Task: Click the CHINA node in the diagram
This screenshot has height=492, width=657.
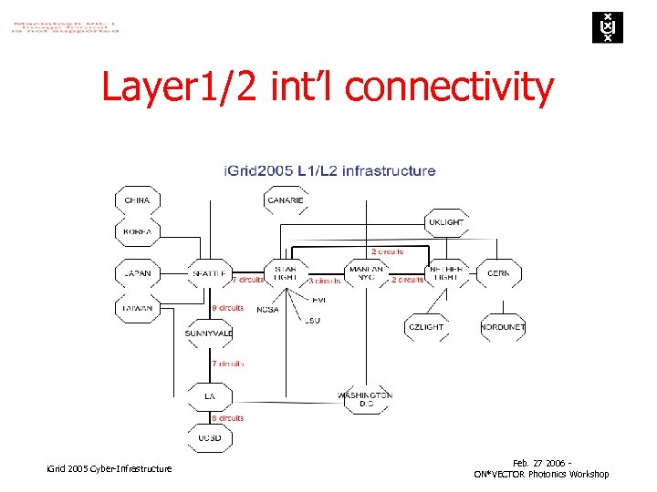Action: [x=137, y=200]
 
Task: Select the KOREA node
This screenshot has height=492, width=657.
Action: [x=137, y=232]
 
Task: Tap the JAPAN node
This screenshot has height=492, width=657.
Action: [x=137, y=272]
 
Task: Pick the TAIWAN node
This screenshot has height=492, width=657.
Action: [x=137, y=309]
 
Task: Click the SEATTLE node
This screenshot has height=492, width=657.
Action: [x=209, y=272]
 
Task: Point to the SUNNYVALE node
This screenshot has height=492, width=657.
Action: [x=209, y=333]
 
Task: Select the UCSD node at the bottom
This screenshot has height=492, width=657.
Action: [x=209, y=438]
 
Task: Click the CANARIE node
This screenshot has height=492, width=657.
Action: [x=286, y=200]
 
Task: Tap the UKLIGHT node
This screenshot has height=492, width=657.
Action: [x=445, y=222]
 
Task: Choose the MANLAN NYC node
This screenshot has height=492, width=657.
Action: [x=366, y=272]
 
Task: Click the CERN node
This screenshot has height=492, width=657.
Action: [x=499, y=272]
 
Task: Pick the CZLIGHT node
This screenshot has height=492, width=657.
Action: [x=426, y=327]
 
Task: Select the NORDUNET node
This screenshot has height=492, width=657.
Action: [x=504, y=327]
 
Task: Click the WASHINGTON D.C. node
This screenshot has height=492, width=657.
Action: [x=365, y=399]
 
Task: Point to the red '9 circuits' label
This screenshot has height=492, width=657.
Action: [x=227, y=308]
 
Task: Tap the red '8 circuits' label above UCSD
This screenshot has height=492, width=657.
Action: [x=227, y=418]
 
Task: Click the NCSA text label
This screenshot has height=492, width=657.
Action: [x=267, y=310]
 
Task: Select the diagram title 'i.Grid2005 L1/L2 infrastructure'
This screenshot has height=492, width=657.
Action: [x=329, y=170]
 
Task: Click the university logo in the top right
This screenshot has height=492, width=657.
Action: [x=603, y=27]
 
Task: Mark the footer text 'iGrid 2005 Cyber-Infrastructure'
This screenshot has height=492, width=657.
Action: [x=109, y=468]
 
